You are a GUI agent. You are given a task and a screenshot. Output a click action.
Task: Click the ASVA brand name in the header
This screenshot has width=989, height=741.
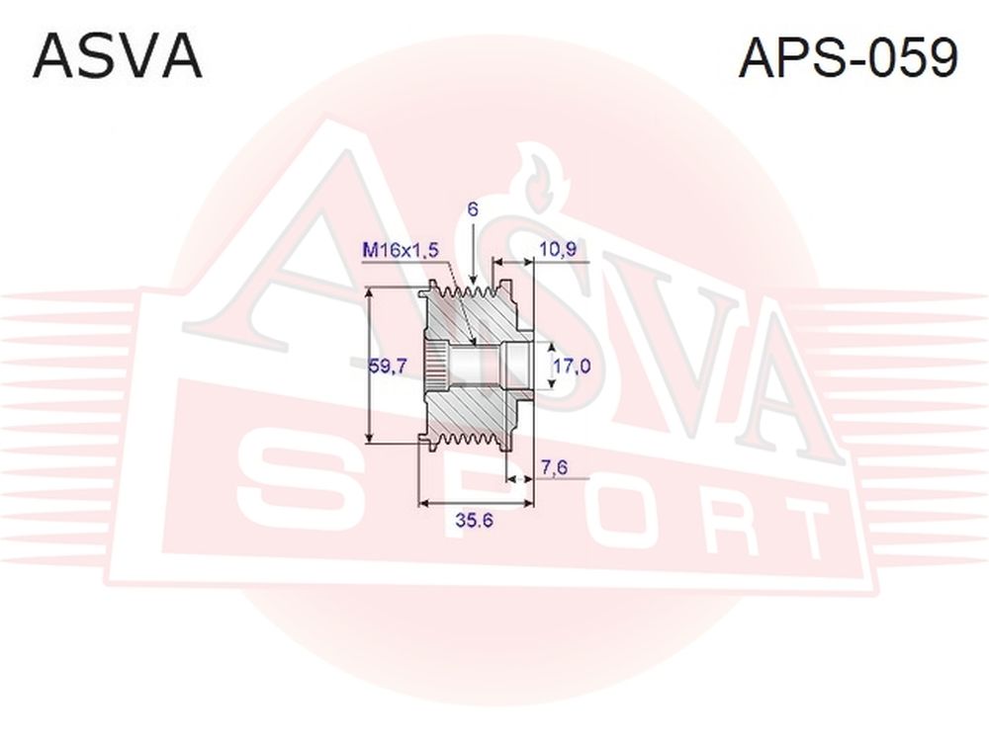point(118,56)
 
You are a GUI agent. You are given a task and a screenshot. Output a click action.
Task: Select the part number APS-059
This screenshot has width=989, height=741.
point(849,57)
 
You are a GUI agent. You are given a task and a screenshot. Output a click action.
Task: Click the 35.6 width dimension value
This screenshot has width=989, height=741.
point(474,521)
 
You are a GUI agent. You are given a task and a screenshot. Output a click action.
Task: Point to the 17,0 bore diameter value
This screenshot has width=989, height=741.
point(572,366)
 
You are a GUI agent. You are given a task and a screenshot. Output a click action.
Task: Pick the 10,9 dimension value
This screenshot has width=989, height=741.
point(558,250)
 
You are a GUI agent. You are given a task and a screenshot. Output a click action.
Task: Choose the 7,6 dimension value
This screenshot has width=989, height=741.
point(555,467)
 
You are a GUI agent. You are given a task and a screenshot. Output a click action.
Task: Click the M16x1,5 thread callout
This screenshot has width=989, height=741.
point(400,250)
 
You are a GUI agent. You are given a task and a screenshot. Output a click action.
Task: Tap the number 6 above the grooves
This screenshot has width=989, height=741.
point(473,209)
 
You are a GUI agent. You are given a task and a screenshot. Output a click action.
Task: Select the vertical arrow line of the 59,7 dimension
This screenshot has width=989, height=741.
point(371,365)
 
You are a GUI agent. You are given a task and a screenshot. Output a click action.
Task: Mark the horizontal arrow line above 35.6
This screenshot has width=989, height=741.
point(477,503)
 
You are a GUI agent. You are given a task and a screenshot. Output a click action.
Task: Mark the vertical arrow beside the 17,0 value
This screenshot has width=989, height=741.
point(552,366)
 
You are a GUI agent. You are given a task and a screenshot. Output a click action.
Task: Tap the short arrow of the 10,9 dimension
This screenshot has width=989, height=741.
point(512,260)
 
